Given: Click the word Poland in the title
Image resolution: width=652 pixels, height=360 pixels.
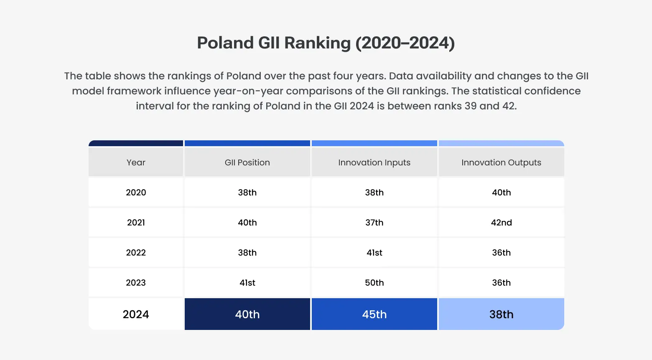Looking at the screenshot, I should tap(225, 43).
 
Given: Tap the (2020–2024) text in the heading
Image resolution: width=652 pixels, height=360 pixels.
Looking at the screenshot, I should tap(405, 43).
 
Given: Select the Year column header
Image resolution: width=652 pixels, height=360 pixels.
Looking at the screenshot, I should tap(136, 162).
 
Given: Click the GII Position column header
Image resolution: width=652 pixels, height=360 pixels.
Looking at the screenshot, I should tap(247, 162).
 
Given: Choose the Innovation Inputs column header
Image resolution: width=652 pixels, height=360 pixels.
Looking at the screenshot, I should tap(374, 162).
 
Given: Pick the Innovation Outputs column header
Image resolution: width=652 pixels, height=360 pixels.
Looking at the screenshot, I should tap(501, 162).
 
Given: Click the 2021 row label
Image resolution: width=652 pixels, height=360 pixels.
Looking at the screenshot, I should tap(136, 223).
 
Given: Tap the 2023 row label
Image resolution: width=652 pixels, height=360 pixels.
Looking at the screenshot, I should tap(136, 283).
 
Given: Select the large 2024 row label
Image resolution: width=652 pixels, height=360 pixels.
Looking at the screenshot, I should tap(136, 314).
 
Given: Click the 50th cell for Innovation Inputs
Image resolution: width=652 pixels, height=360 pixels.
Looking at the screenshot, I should tap(374, 283).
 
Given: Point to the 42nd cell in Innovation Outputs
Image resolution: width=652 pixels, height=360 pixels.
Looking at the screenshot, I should tap(501, 223).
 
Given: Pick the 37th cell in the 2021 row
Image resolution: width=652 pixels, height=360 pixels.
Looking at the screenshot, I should tap(374, 223).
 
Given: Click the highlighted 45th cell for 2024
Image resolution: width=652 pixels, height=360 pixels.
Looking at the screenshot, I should tap(374, 314).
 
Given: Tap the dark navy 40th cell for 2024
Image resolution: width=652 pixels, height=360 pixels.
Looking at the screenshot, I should tap(247, 314).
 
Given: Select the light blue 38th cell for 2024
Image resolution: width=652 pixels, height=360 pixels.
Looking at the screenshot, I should tap(501, 314).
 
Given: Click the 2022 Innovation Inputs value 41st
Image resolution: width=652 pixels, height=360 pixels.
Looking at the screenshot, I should tap(374, 253).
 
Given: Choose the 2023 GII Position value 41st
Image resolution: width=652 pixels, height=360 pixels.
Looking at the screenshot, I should tap(247, 283).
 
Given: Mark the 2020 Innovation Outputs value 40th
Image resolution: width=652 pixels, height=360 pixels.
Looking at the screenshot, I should tap(501, 193).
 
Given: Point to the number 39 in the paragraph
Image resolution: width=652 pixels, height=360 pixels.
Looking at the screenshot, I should tap(470, 106).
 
